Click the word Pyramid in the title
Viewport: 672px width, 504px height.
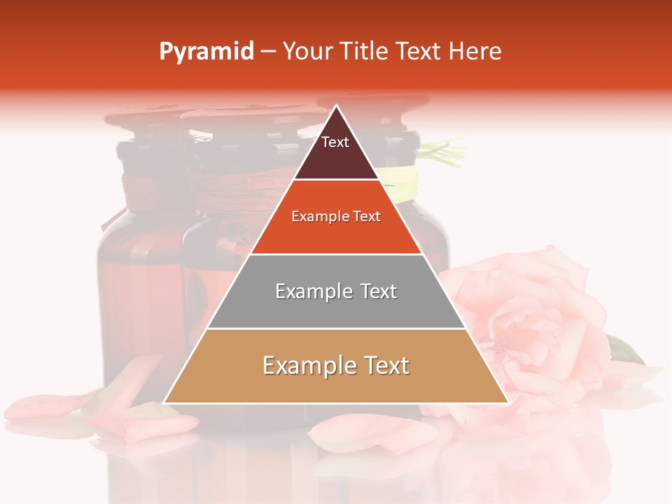pyautogui.click(x=206, y=52)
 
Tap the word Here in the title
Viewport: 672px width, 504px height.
pyautogui.click(x=475, y=51)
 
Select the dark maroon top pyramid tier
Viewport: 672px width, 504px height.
pyautogui.click(x=336, y=157)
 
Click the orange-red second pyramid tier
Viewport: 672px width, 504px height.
pyautogui.click(x=336, y=234)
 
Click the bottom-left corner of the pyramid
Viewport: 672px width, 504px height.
pyautogui.click(x=165, y=402)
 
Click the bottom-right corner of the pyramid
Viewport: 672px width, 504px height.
pyautogui.click(x=507, y=402)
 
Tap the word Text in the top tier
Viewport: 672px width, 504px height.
pyautogui.click(x=335, y=142)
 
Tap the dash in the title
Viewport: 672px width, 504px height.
pyautogui.click(x=268, y=52)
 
